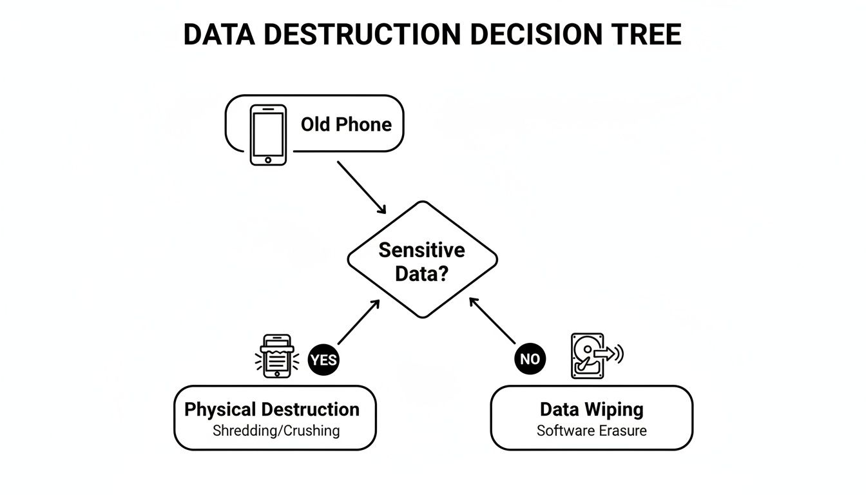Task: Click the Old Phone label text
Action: [346, 124]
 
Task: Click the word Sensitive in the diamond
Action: [421, 250]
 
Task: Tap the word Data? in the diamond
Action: [421, 274]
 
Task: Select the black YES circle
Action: [323, 360]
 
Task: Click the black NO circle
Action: [530, 359]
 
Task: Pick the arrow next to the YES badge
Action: [358, 322]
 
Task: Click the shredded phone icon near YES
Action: [276, 355]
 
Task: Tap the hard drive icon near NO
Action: [591, 355]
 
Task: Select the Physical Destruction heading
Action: [272, 409]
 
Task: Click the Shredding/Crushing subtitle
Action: [276, 431]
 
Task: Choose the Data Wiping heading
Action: [592, 409]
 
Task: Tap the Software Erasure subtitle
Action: [592, 431]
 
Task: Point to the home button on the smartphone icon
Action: [268, 159]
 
